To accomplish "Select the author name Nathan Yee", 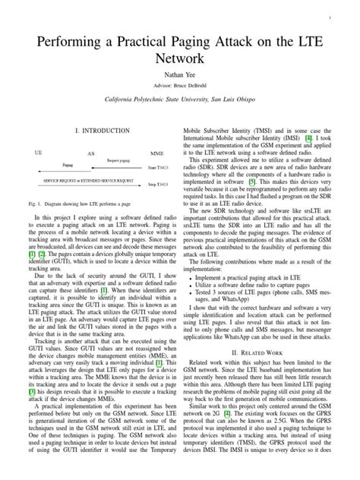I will tap(180, 74).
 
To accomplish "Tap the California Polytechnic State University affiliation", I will tap(180, 101).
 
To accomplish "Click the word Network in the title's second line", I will tap(180, 56).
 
